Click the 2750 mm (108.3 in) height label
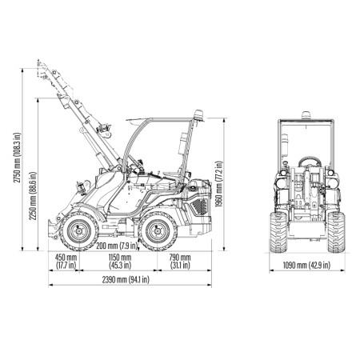[17, 158]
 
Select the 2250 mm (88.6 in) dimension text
[33, 196]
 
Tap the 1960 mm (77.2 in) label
[218, 184]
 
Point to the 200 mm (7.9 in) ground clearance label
[117, 246]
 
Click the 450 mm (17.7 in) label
[66, 262]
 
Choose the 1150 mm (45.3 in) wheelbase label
[120, 262]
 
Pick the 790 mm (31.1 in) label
[180, 262]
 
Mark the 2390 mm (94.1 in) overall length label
[126, 279]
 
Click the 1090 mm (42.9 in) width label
[306, 265]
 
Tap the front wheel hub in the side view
[79, 231]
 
